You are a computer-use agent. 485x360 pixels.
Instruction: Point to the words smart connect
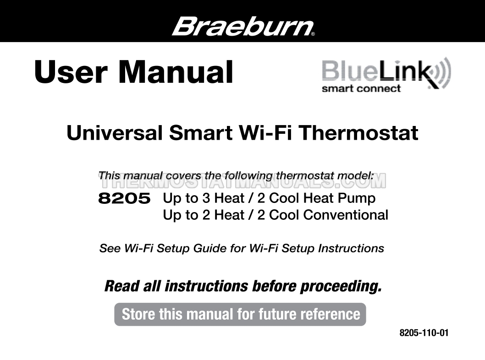(x=361, y=89)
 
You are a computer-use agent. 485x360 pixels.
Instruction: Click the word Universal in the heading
(x=115, y=133)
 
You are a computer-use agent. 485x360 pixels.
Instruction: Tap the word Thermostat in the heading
(x=358, y=133)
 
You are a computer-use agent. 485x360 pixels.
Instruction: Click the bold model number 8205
(x=124, y=198)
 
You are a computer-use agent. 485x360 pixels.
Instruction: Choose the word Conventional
(x=346, y=215)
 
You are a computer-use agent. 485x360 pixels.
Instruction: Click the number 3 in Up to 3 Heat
(x=206, y=198)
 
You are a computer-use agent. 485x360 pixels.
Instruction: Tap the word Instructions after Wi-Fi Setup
(x=351, y=248)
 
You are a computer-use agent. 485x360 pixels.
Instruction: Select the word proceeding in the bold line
(x=341, y=287)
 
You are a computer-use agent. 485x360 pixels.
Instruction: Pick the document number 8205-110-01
(x=424, y=333)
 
